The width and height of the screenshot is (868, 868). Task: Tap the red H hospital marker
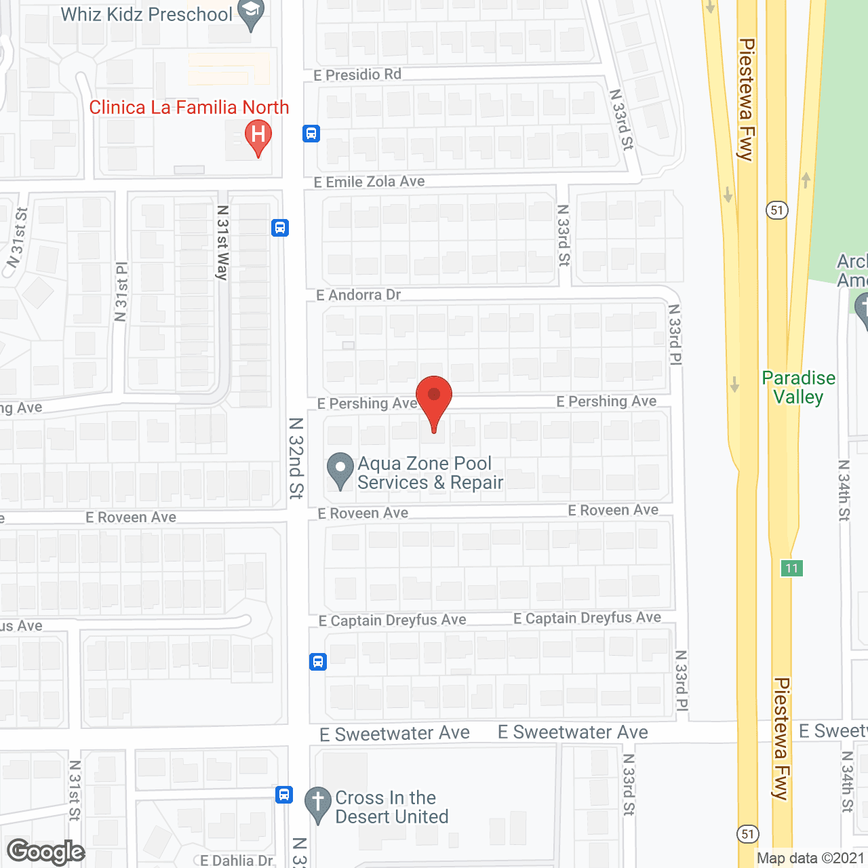[x=258, y=136]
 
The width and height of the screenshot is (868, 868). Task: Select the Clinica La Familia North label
[x=189, y=107]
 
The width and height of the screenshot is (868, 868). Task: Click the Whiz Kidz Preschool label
[x=146, y=14]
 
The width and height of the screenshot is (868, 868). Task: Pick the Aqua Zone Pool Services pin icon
[x=340, y=469]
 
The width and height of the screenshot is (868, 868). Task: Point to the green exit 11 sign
[x=791, y=568]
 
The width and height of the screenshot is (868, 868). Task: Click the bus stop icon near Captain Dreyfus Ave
[x=318, y=661]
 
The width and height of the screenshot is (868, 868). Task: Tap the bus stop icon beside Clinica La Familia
[x=311, y=134]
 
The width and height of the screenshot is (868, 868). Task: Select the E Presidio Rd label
[x=357, y=75]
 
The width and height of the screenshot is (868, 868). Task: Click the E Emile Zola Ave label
[x=370, y=182]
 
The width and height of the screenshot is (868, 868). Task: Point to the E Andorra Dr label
[x=359, y=295]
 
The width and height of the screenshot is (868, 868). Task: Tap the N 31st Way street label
[x=222, y=243]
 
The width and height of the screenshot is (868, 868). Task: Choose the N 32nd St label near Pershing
[x=296, y=458]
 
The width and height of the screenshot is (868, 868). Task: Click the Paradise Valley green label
[x=799, y=387]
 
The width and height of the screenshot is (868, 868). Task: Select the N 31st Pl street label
[x=121, y=292]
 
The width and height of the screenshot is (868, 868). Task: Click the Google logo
[x=46, y=852]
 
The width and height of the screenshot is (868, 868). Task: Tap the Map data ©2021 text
[x=810, y=859]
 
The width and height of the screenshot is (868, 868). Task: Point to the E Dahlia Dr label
[x=237, y=861]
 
